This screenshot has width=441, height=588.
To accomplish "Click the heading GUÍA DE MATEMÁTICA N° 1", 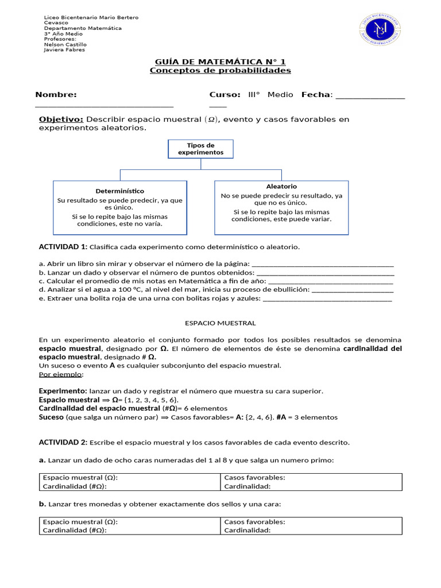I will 220,61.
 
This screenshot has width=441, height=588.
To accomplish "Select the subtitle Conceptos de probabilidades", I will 220,71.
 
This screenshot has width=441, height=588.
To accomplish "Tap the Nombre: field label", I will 56,95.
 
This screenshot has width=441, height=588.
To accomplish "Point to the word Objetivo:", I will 61,119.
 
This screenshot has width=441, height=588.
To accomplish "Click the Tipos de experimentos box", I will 200,149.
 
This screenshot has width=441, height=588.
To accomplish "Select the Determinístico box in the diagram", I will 120,207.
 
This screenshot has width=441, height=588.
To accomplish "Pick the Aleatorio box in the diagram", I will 281,207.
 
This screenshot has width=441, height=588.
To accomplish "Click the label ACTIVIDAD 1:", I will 63,247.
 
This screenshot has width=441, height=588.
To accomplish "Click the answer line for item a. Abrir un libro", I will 323,265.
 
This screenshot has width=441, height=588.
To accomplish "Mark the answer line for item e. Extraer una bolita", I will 327,299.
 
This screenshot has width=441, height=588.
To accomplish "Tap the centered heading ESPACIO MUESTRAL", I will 220,323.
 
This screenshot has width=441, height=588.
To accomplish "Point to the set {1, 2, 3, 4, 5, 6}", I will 152,400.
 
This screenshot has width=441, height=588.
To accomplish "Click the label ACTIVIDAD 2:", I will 63,442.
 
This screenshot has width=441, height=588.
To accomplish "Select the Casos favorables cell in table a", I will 311,482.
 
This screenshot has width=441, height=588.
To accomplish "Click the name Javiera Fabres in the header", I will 64,50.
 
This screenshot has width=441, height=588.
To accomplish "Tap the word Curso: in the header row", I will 225,95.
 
